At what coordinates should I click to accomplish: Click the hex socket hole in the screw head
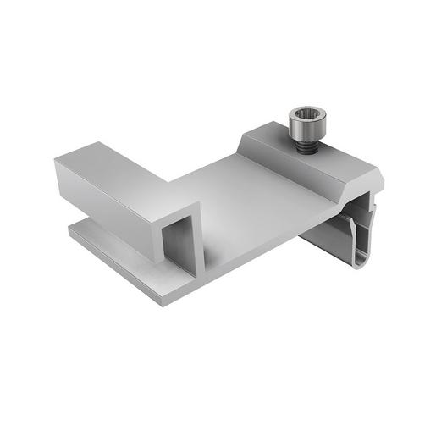[x=302, y=114]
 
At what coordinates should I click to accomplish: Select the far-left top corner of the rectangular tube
[x=58, y=160]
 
